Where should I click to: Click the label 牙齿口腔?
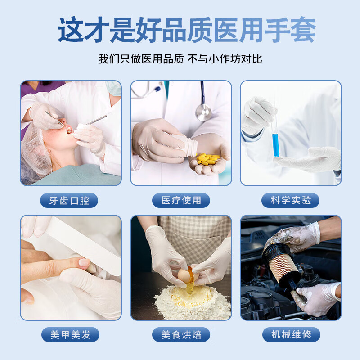(69, 200)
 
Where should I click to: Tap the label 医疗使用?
(181, 200)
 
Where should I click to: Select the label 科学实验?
(291, 200)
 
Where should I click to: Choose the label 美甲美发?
(69, 334)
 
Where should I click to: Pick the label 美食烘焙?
(181, 334)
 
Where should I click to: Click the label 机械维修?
(291, 334)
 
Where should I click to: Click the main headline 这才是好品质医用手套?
(180, 31)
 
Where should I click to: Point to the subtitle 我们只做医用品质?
(141, 59)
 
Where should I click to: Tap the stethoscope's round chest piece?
(203, 112)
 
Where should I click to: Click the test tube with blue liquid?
(275, 139)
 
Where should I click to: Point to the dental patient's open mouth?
(68, 130)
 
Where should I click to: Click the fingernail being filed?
(84, 262)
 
